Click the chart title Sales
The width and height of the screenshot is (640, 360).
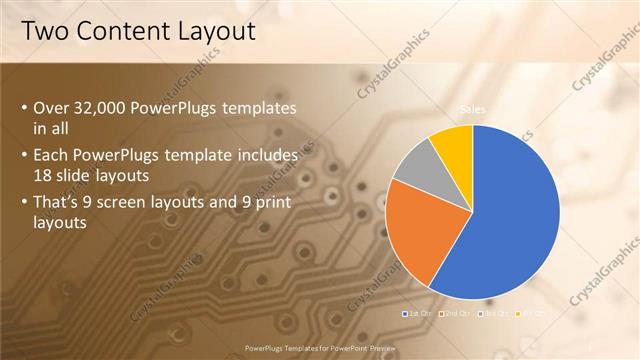pyautogui.click(x=473, y=109)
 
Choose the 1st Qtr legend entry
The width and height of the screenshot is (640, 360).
pyautogui.click(x=417, y=314)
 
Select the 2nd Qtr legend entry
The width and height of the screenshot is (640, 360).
pyautogui.click(x=458, y=314)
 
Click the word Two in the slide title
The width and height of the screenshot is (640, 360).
pyautogui.click(x=44, y=32)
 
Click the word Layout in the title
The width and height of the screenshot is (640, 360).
pyautogui.click(x=218, y=32)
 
